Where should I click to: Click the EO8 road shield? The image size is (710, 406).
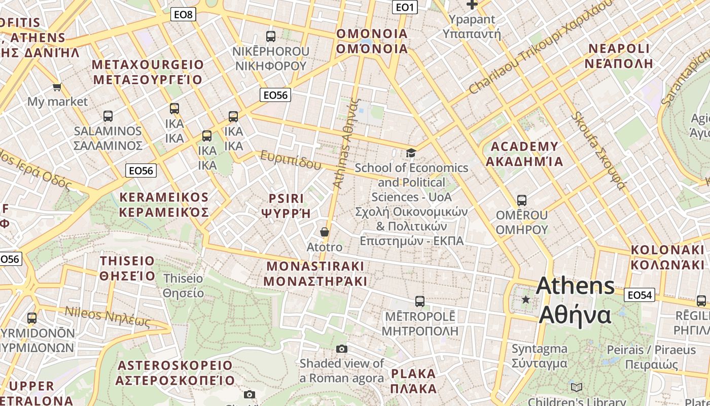click(183, 14)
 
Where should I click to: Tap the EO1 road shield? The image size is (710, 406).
click(405, 7)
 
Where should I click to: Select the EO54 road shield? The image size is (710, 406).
click(641, 295)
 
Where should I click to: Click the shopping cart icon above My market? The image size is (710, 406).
click(57, 87)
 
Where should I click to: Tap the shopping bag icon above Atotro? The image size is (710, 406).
click(325, 232)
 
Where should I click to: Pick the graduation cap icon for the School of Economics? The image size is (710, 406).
click(411, 153)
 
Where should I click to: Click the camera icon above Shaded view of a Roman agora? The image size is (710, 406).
click(342, 349)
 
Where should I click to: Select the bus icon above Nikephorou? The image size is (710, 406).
click(271, 37)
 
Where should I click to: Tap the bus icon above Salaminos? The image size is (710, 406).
click(108, 116)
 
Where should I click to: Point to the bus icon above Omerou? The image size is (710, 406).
click(522, 200)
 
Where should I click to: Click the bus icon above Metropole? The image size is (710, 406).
click(420, 301)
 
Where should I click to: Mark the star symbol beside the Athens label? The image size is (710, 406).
click(526, 300)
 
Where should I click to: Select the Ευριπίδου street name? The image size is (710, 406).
click(291, 160)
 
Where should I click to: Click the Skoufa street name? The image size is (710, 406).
click(598, 150)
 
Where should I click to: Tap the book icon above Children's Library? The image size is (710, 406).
click(577, 388)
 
